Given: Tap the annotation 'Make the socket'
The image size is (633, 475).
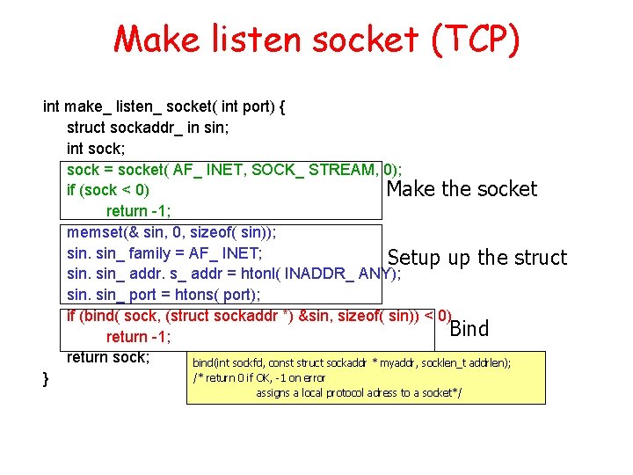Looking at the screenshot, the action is click(x=462, y=189).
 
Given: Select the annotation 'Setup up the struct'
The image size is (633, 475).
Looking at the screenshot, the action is click(x=477, y=258).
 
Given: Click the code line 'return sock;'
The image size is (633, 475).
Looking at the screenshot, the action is click(x=108, y=357).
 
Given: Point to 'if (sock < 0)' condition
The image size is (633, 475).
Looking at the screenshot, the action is click(x=108, y=190).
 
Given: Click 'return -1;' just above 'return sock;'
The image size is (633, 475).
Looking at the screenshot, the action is click(x=138, y=337).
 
